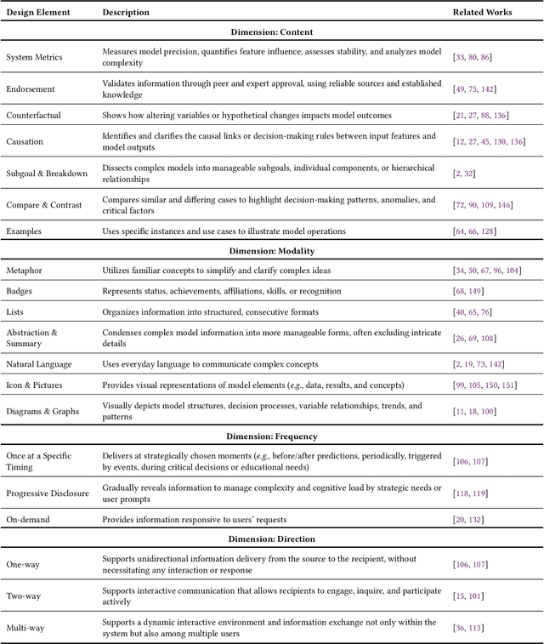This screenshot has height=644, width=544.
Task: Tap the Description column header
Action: pyautogui.click(x=126, y=13)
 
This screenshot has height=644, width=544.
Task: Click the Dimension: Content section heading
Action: pyautogui.click(x=272, y=32)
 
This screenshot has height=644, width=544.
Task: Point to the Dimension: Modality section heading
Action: pyautogui.click(x=272, y=251)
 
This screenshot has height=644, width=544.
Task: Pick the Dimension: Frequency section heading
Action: pyautogui.click(x=272, y=436)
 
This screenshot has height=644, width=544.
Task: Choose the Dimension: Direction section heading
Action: pyautogui.click(x=272, y=539)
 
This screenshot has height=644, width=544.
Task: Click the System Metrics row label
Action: pyautogui.click(x=34, y=57)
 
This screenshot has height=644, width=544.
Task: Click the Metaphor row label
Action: pyautogui.click(x=25, y=271)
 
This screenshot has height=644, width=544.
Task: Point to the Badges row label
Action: pyautogui.click(x=20, y=291)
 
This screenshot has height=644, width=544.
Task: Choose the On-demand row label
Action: pyautogui.click(x=29, y=519)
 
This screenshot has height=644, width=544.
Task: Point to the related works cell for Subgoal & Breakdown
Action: pyautogui.click(x=465, y=173)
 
